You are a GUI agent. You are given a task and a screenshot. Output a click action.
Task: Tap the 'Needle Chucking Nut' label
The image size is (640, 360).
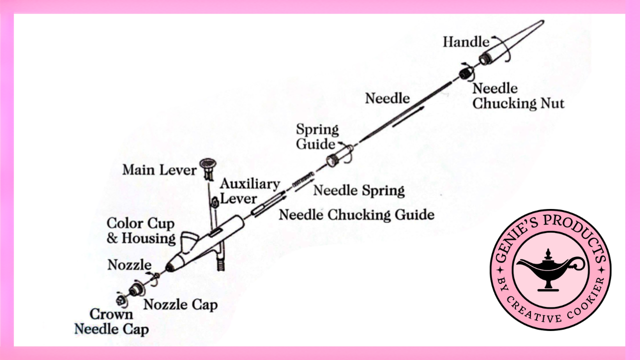point(518,96)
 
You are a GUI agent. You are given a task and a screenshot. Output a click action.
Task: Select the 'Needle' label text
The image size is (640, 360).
point(387,98)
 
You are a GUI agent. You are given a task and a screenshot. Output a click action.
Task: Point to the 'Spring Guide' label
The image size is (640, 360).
point(317,136)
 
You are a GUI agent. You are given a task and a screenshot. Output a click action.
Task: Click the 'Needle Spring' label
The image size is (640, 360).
point(358,190)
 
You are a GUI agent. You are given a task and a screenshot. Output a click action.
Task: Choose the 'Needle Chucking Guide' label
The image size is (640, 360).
point(356,215)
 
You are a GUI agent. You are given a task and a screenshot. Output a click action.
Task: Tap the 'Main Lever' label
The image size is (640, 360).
point(159,170)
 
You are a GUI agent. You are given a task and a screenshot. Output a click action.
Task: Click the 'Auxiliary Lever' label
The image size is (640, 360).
point(250,190)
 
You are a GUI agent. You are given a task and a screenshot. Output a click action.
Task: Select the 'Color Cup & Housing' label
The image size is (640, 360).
point(141,230)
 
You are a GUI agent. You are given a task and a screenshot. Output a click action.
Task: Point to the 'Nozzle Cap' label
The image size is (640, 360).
point(180,304)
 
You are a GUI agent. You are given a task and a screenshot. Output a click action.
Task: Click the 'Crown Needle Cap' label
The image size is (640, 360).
point(111,321)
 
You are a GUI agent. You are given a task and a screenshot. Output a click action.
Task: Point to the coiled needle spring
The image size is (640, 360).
point(303,180)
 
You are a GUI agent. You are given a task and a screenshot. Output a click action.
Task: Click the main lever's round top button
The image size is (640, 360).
point(208,162)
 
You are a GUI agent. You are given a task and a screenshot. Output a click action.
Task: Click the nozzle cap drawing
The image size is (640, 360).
point(134,289)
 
